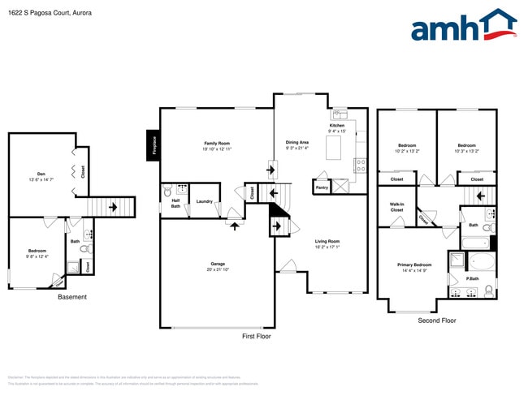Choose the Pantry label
(x=321, y=186)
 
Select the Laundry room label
(x=204, y=201)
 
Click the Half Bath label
(x=175, y=204)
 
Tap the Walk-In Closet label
(x=396, y=207)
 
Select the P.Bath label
(x=472, y=278)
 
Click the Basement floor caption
(x=72, y=297)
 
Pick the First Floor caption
(x=257, y=336)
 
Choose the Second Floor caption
(x=437, y=321)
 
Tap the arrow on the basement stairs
(x=114, y=207)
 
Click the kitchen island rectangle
(x=333, y=147)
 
